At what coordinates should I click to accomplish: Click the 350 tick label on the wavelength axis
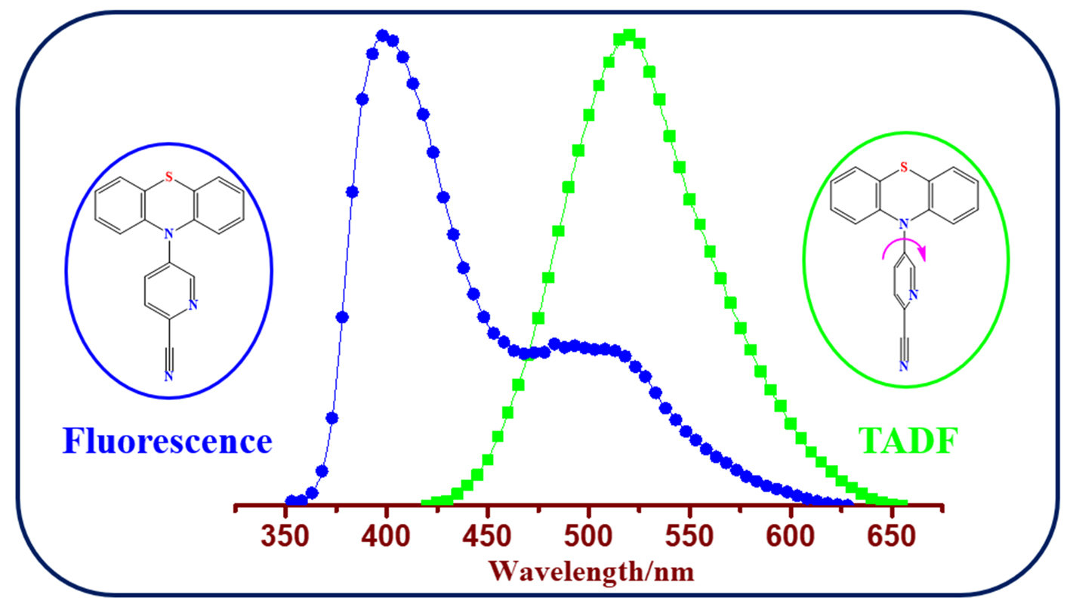pos(285,538)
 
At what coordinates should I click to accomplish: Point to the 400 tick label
pos(387,538)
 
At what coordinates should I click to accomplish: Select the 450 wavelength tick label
pos(488,538)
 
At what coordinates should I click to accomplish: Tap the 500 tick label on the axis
pos(588,538)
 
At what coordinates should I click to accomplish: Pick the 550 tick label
pos(689,538)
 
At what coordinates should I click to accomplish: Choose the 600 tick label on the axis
pos(791,538)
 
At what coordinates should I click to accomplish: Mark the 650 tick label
pos(891,538)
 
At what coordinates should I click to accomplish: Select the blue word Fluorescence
pos(167,441)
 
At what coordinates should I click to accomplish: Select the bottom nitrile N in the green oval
pos(904,367)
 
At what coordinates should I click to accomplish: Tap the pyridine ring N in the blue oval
pos(194,306)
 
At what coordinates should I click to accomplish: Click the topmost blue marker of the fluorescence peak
pos(382,35)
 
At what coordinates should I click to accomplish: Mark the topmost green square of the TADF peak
pos(629,35)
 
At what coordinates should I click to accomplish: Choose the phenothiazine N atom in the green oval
pos(904,223)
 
